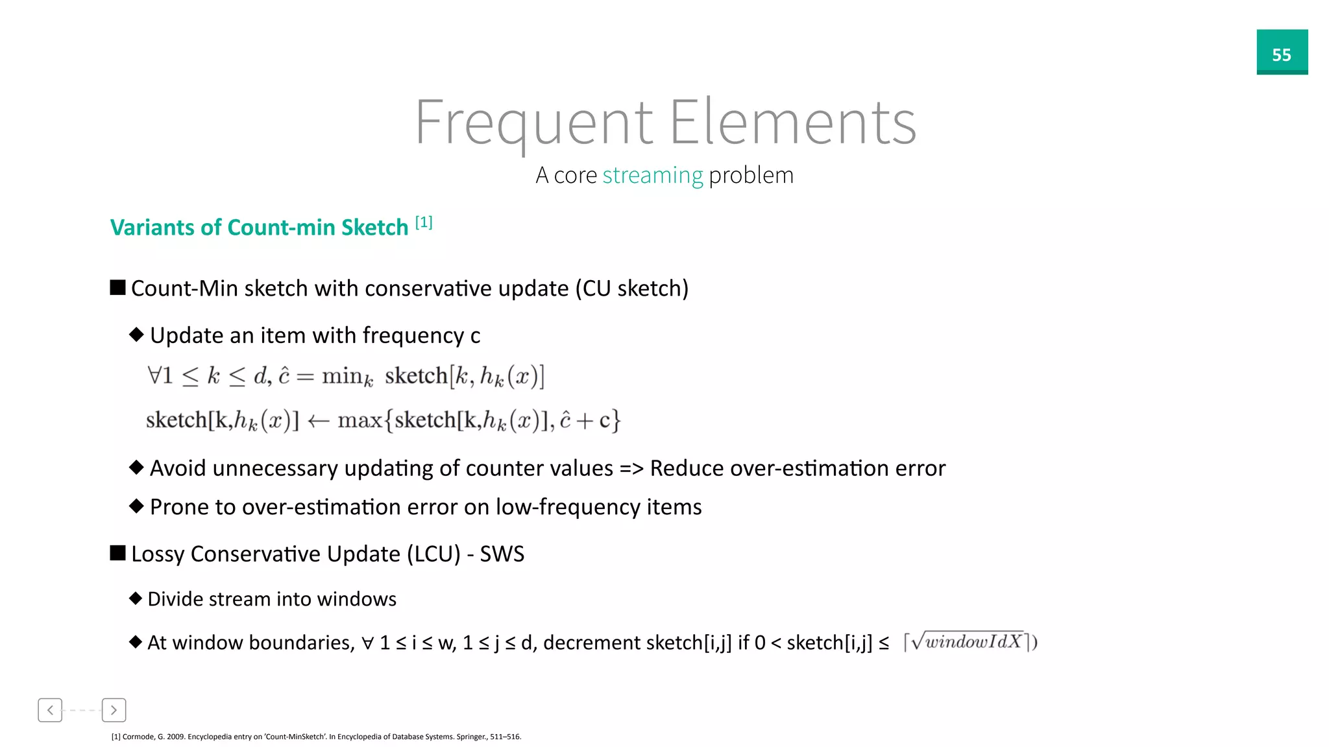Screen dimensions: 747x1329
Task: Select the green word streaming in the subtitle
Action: (652, 175)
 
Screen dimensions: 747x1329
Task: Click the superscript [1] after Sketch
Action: (424, 222)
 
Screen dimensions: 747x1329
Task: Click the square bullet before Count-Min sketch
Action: (117, 287)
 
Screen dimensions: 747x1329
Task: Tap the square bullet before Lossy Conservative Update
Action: (117, 553)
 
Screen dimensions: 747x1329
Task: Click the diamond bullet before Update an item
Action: (136, 335)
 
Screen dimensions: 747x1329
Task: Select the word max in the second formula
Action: (360, 420)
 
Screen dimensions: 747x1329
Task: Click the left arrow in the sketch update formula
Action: (318, 421)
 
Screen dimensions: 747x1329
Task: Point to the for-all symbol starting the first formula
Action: (154, 375)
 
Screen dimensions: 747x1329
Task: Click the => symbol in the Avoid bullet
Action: (631, 468)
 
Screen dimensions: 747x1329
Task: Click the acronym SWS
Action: (502, 554)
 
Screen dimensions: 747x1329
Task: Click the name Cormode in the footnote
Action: (138, 737)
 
